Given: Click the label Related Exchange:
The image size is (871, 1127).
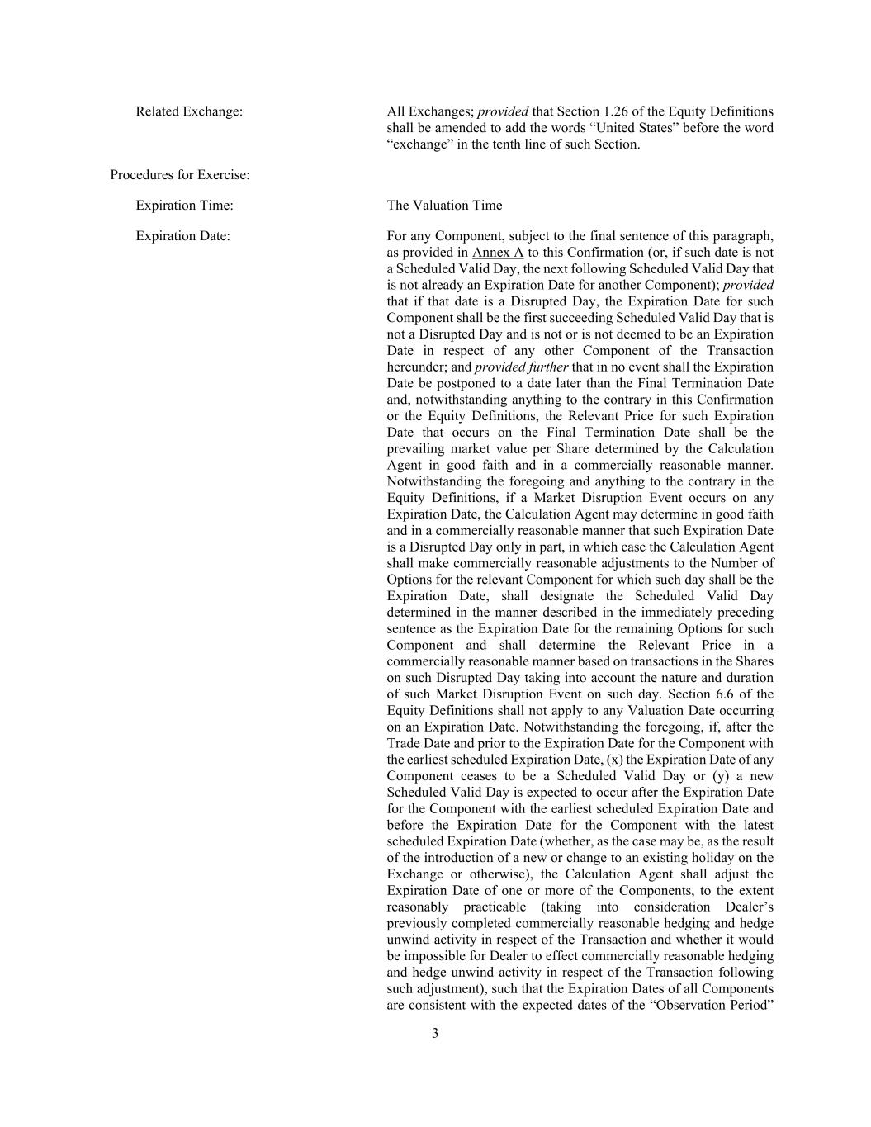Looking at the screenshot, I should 189,111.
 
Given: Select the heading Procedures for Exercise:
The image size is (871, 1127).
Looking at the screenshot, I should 180,175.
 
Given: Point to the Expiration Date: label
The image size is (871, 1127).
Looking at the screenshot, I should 182,236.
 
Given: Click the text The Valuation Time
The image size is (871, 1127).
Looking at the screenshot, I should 444,206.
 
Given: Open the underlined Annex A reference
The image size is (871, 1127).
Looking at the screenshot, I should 497,253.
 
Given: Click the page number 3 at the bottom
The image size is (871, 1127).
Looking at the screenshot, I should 435,1034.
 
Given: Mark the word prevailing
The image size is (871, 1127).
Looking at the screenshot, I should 416,449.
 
